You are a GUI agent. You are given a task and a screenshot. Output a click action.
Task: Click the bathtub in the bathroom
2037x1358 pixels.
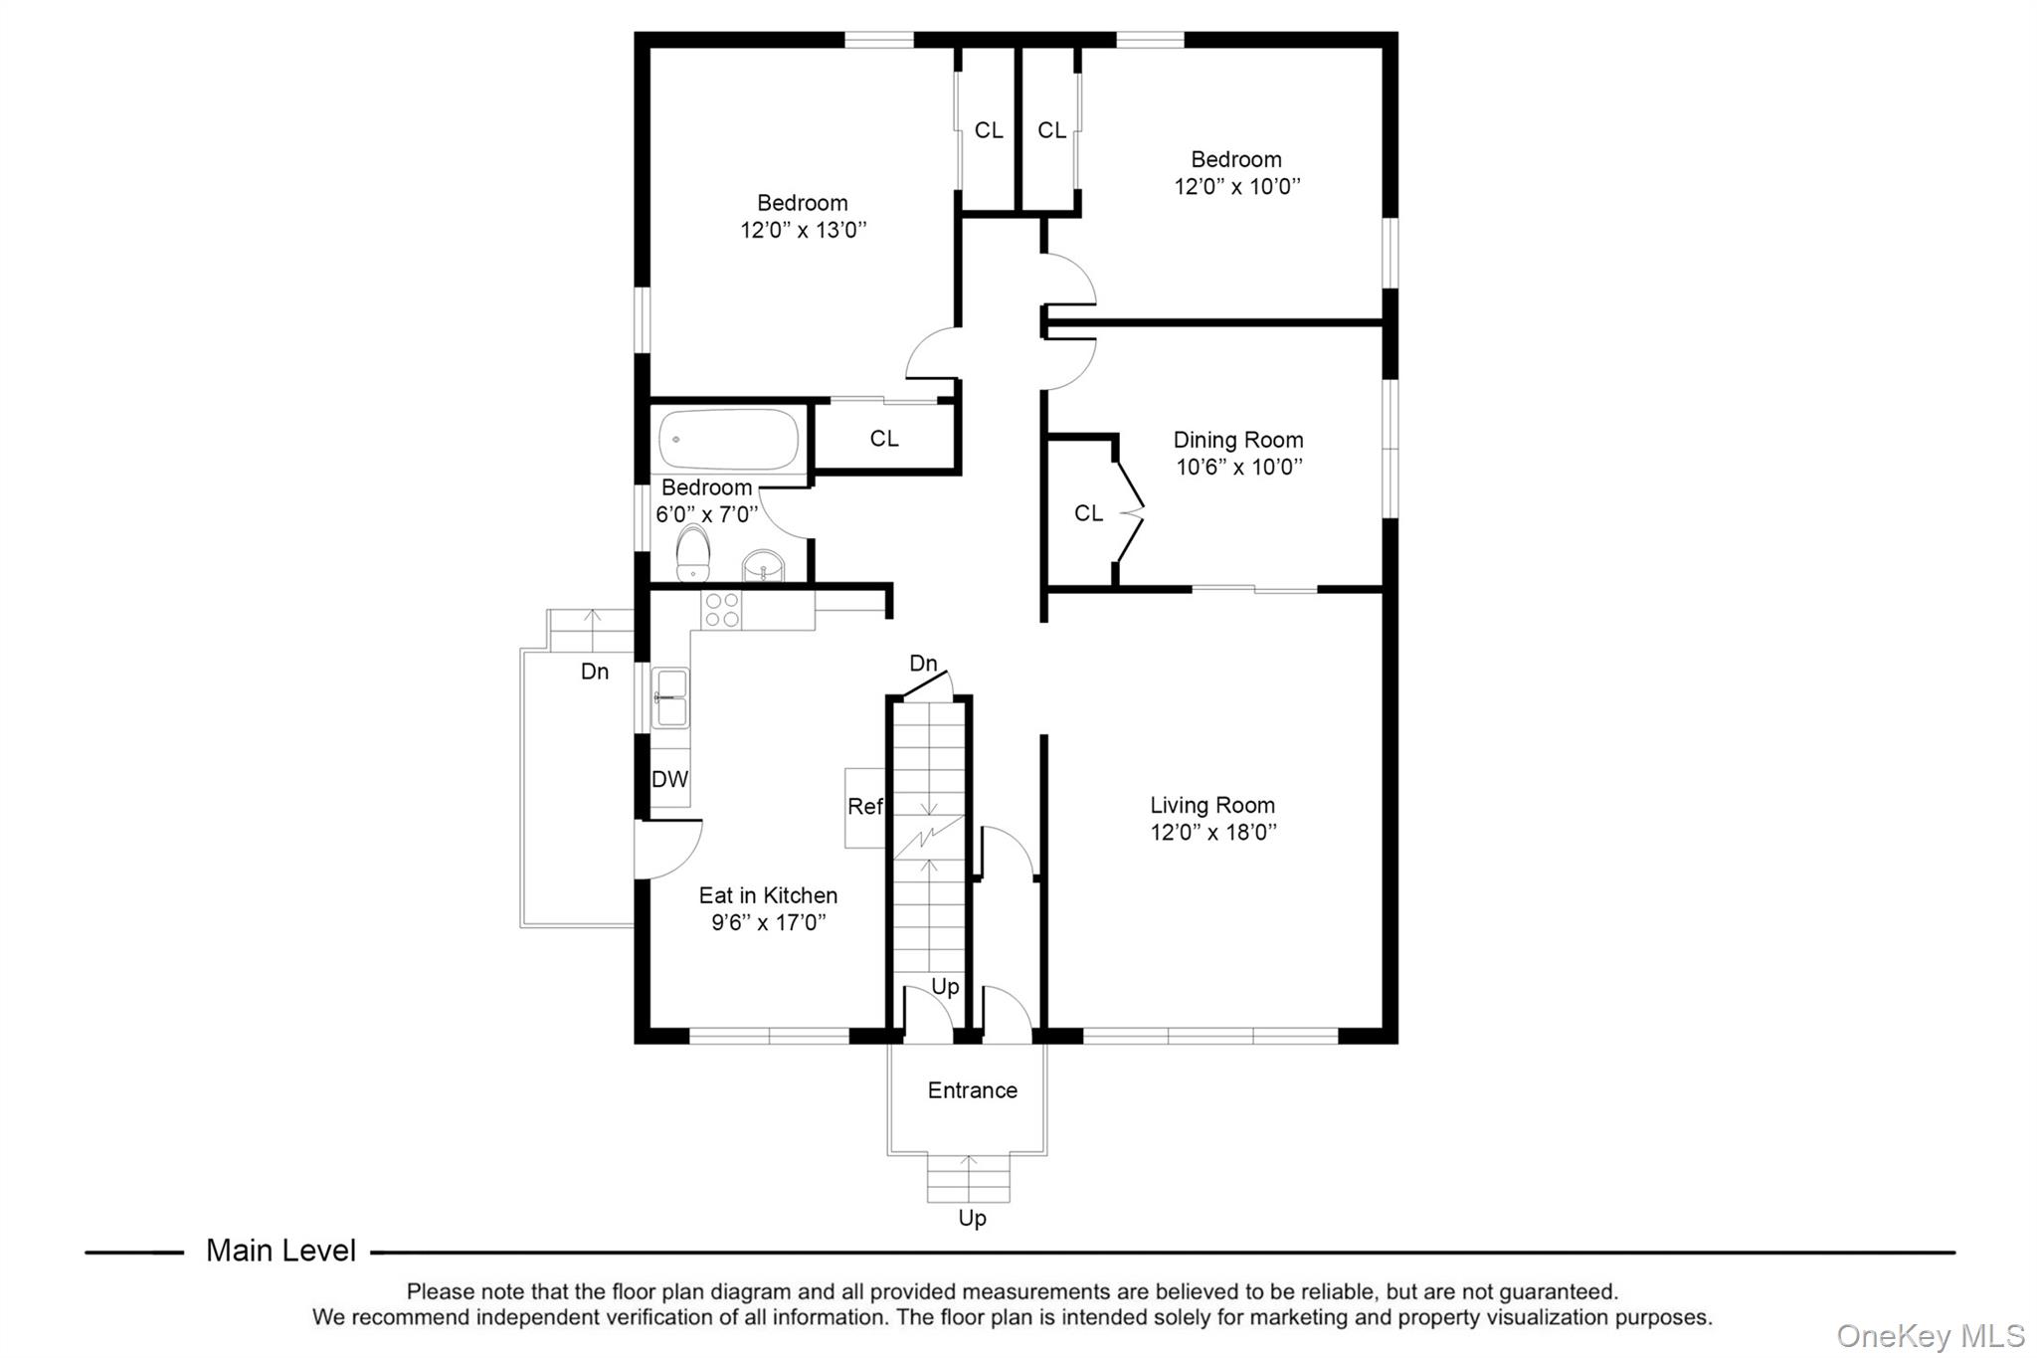(x=728, y=440)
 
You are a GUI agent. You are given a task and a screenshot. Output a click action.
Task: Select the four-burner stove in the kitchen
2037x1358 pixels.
(x=722, y=610)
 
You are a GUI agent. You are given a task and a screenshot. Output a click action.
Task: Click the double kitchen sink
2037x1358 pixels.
(x=669, y=697)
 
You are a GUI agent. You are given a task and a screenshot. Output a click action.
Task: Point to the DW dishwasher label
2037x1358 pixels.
(x=669, y=779)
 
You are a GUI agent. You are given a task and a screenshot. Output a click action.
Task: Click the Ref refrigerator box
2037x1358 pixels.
(x=864, y=807)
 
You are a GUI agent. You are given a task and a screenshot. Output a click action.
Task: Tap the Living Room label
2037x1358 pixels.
(x=1211, y=805)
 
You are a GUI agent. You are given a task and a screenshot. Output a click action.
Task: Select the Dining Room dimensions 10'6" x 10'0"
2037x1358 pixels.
(x=1238, y=468)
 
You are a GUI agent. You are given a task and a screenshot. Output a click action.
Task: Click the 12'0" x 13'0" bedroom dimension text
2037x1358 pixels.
(x=803, y=230)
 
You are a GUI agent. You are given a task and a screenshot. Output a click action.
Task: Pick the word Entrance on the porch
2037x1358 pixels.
(x=972, y=1090)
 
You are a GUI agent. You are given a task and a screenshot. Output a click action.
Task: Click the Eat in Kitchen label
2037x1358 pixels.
(x=768, y=895)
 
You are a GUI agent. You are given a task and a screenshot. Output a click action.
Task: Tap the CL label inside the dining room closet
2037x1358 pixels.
(x=1088, y=513)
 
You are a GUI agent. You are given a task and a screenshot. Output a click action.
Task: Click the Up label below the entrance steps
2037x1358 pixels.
(x=972, y=1218)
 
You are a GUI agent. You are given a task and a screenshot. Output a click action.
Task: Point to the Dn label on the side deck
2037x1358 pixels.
(x=595, y=672)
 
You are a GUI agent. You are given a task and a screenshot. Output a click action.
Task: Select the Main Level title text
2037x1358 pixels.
(x=280, y=1251)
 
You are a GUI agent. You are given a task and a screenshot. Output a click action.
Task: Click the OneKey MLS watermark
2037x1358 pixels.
(x=1930, y=1335)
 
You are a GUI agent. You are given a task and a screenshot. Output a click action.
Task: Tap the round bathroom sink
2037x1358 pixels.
(x=764, y=566)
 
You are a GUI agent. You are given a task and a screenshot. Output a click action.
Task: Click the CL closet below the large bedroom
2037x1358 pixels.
(x=884, y=439)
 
